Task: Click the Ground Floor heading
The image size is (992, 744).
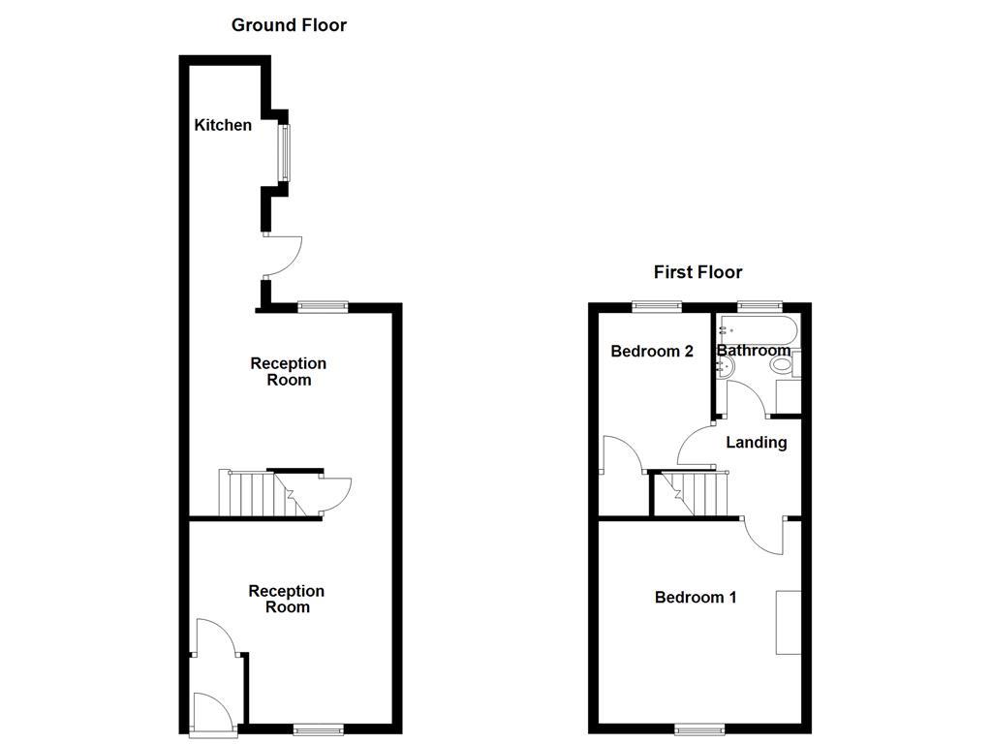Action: pos(289,25)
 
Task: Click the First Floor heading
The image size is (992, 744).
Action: pos(697,272)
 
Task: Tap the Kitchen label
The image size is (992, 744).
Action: pos(223,125)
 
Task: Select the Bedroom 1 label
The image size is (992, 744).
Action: pos(696,597)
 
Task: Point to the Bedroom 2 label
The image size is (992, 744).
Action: pos(652,352)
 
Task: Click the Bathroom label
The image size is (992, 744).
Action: pos(754,351)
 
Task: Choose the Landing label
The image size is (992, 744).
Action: pos(757,443)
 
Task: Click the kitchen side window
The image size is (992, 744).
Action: pos(285,153)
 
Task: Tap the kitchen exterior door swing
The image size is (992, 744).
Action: pos(283,256)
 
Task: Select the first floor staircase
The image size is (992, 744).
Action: pos(694,494)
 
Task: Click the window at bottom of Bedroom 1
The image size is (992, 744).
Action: pos(699,729)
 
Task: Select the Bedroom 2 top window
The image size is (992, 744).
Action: pos(657,306)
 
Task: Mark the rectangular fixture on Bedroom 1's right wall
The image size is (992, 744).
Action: pos(788,621)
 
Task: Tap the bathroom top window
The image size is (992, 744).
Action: pos(759,306)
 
